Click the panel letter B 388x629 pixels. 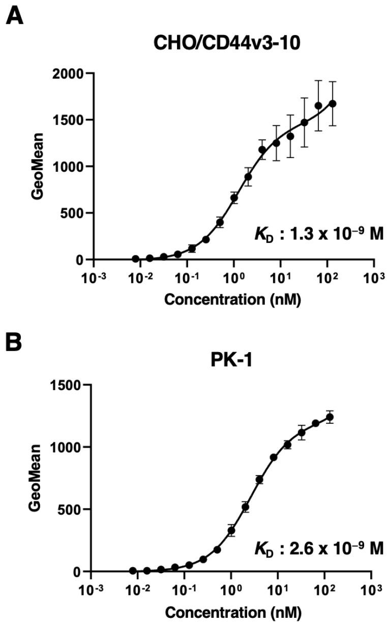tap(14, 342)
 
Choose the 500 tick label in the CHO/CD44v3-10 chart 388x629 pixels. tap(74, 213)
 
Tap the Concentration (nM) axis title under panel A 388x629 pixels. tap(233, 300)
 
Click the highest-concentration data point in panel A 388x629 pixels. tap(333, 104)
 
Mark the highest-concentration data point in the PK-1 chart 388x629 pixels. tap(330, 417)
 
